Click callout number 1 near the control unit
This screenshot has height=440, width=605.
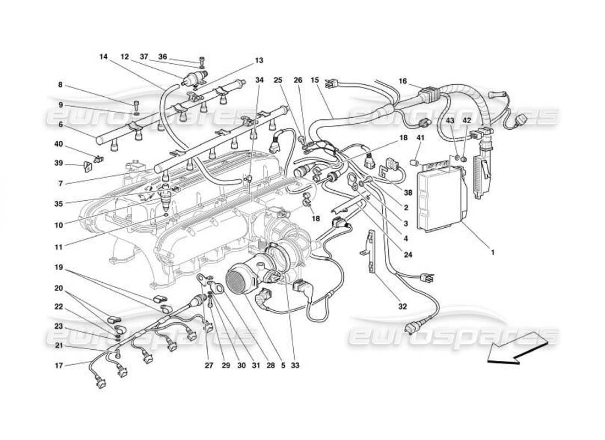point(493,252)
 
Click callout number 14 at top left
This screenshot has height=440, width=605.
point(104,57)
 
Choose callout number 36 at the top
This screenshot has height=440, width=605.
point(163,57)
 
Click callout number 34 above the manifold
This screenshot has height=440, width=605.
point(260,80)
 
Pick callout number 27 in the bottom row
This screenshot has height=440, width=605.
point(208,365)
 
